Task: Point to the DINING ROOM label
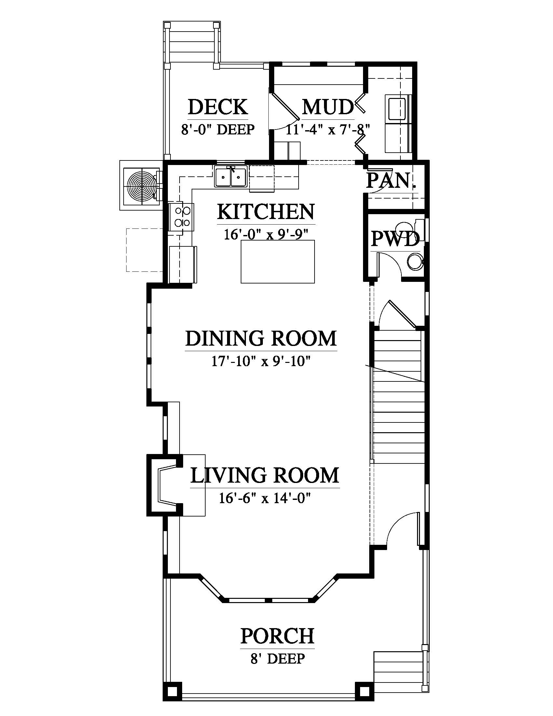click(x=261, y=338)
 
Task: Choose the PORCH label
click(x=277, y=636)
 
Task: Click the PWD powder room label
click(x=395, y=239)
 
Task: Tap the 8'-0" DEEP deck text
click(x=218, y=130)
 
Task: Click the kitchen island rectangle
click(x=278, y=262)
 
